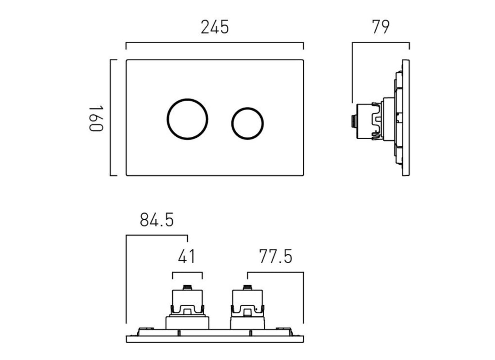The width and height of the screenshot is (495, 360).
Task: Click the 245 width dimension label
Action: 215,27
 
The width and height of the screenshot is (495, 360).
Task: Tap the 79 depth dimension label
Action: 380,27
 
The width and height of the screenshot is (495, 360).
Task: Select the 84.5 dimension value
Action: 156,220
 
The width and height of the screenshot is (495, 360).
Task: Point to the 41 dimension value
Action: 187,257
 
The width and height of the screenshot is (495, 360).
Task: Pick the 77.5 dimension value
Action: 275,257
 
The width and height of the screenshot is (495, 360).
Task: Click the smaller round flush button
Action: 247,122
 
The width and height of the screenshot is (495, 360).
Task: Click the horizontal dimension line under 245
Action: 215,43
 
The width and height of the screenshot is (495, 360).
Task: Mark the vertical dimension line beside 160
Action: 111,118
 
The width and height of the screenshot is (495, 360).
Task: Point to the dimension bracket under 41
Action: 187,272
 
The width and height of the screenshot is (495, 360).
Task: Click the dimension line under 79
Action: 381,43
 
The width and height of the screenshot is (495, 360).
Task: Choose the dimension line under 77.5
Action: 275,272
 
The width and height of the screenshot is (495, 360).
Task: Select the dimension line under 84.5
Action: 157,235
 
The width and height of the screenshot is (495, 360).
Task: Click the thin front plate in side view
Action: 407,118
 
